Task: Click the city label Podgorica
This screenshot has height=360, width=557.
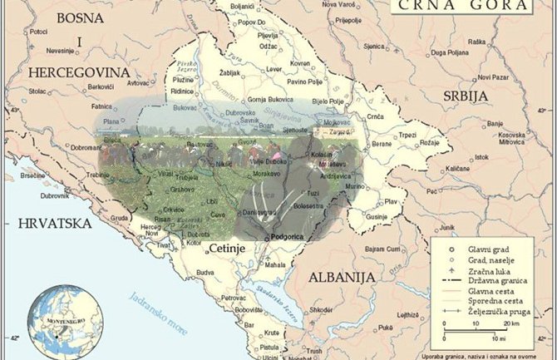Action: point(287,236)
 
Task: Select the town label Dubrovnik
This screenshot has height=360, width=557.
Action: point(54,195)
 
